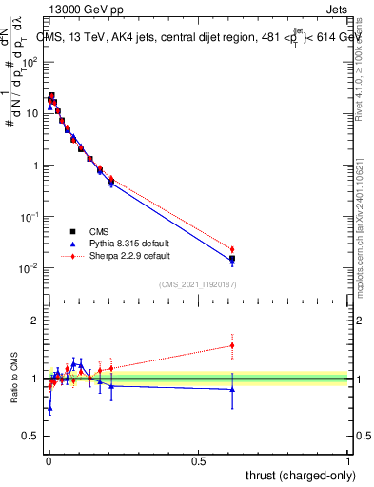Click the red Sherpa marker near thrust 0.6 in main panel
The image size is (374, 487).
click(x=232, y=249)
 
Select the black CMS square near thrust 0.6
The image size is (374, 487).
click(x=232, y=258)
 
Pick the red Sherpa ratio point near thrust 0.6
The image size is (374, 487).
click(x=232, y=345)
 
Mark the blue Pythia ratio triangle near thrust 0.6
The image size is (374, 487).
click(x=232, y=389)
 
